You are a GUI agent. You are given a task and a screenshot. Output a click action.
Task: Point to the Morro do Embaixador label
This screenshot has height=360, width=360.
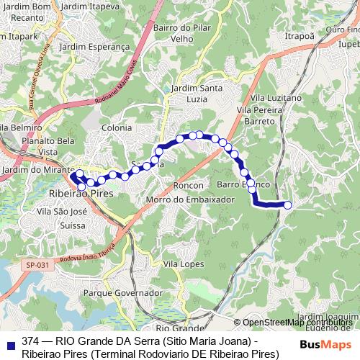coord(179,199)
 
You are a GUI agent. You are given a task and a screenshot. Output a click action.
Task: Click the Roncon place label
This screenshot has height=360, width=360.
coord(189,185)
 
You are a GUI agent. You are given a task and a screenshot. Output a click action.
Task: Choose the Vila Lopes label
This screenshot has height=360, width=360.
coord(181,265)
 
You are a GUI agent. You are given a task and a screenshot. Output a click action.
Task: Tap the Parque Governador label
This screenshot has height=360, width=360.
coord(122,294)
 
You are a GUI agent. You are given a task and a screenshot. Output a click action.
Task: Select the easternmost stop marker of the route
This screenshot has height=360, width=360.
coord(288,205)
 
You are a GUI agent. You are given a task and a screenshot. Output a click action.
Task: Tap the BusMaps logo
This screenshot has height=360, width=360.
coord(325,343)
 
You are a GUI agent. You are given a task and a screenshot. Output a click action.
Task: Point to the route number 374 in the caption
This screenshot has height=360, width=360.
coord(31,341)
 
